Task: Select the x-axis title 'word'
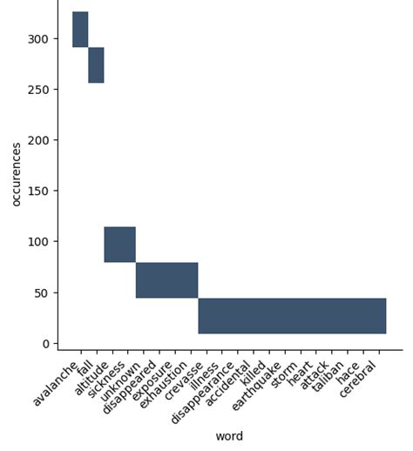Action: pyautogui.click(x=229, y=435)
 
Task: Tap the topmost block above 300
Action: pyautogui.click(x=80, y=29)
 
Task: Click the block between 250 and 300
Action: pyautogui.click(x=96, y=65)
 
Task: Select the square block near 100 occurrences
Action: pyautogui.click(x=119, y=244)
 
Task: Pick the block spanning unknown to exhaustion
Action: pyautogui.click(x=166, y=280)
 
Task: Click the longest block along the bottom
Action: pyautogui.click(x=292, y=315)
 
